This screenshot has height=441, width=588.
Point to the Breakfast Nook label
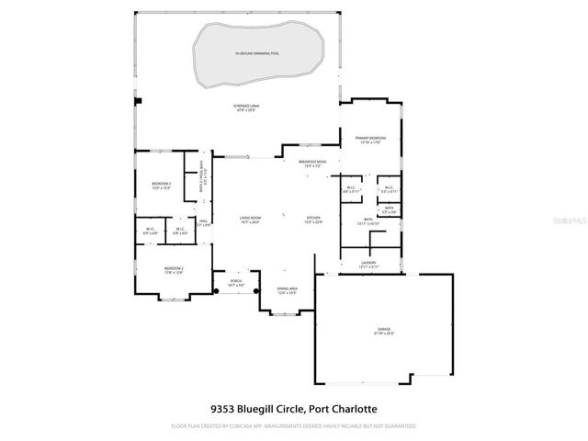click(313, 163)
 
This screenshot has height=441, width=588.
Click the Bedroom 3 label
click(162, 186)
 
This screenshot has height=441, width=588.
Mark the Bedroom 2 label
click(162, 268)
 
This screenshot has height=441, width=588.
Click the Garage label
click(383, 330)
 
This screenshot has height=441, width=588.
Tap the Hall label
click(205, 222)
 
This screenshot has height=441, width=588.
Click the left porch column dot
click(217, 291)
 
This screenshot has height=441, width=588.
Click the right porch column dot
click(255, 291)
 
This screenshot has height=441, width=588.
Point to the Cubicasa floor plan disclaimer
click(294, 426)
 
